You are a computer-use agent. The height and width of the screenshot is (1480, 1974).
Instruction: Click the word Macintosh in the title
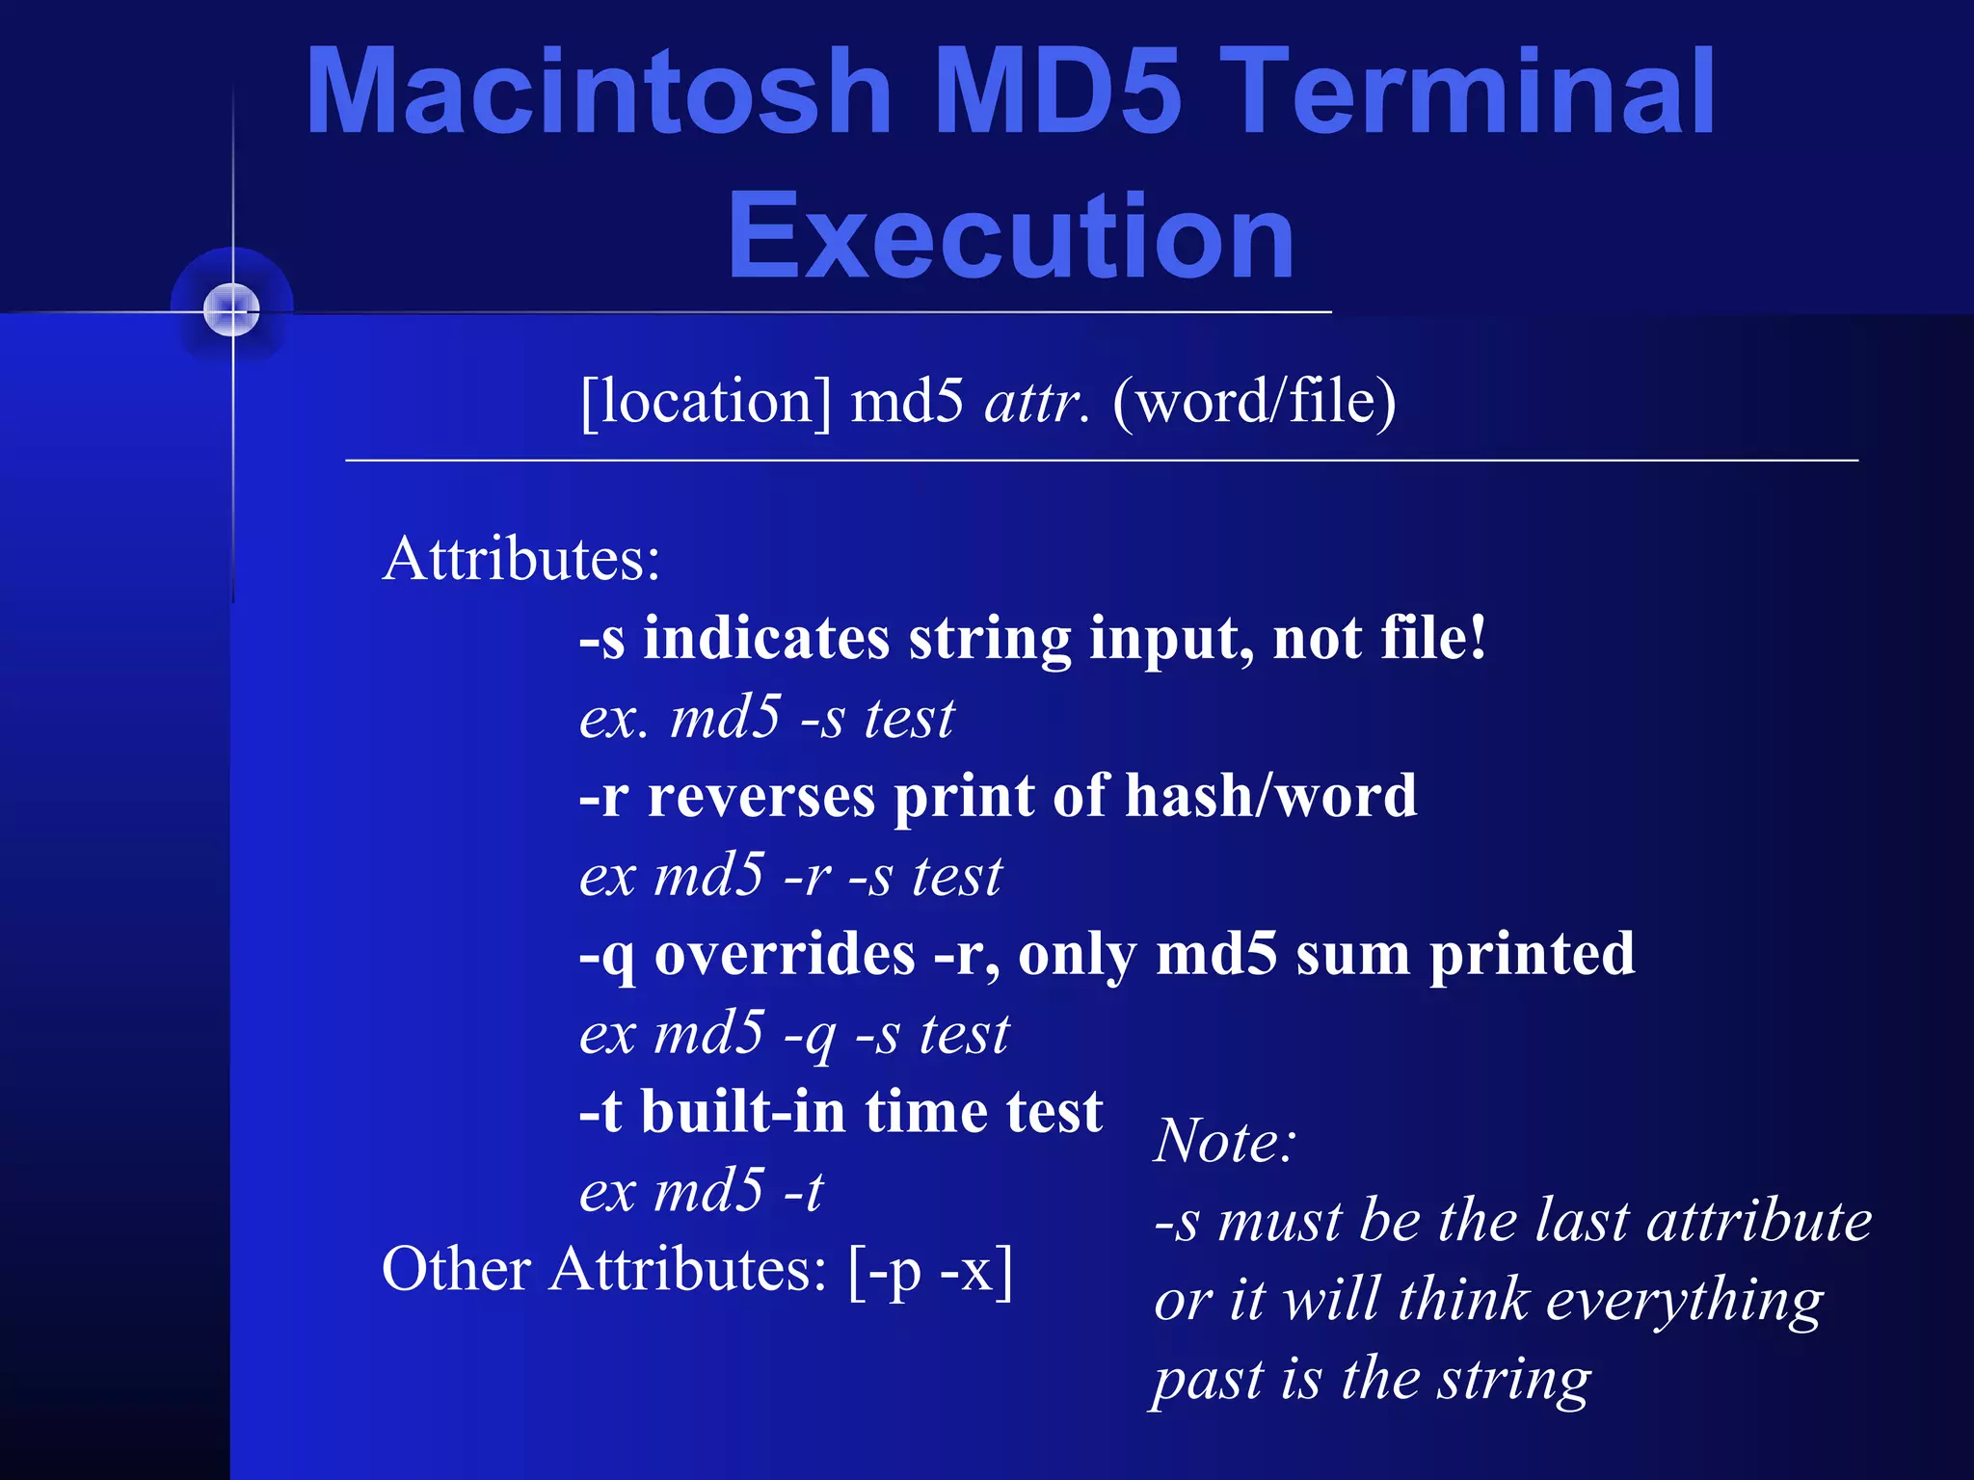[598, 92]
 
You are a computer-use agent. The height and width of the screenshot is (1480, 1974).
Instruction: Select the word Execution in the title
[1010, 236]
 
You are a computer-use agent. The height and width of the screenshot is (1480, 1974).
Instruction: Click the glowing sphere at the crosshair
[232, 310]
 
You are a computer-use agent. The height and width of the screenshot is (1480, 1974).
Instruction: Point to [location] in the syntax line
[706, 401]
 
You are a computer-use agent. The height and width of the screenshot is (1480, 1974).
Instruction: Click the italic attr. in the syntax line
[1036, 401]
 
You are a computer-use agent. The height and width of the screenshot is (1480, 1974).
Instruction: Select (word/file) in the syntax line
[1253, 401]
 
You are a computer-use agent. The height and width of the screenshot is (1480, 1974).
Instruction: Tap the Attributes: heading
[521, 559]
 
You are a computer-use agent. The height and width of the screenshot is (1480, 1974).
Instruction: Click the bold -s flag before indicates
[601, 639]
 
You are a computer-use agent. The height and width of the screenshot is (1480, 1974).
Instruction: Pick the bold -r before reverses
[603, 797]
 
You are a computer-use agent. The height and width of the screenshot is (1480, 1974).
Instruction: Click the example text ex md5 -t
[701, 1191]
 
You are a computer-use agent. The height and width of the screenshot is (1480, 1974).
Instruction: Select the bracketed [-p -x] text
[930, 1270]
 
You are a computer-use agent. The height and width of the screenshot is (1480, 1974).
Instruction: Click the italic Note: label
[1224, 1142]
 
